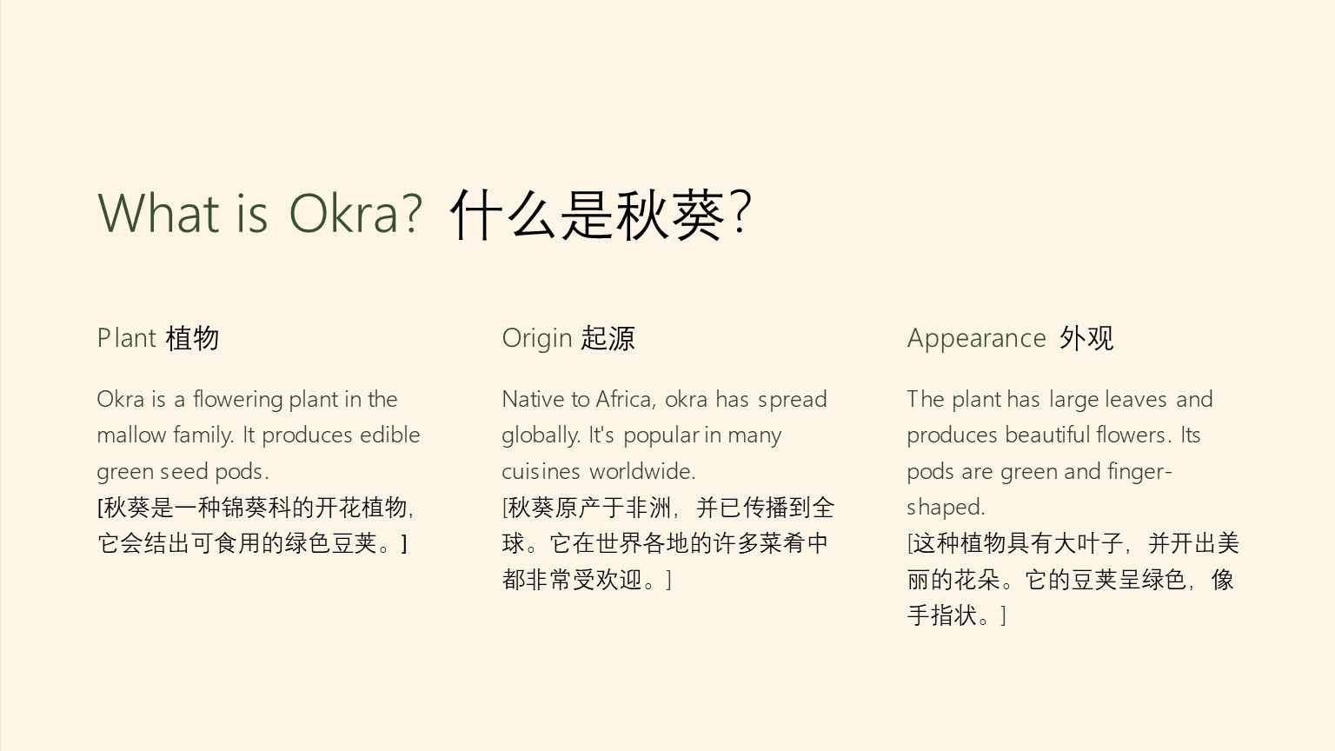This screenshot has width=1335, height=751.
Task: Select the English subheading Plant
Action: [126, 338]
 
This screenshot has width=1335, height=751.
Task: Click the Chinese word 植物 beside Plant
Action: [192, 338]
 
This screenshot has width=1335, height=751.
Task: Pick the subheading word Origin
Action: [537, 338]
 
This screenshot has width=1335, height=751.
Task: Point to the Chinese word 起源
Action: [608, 338]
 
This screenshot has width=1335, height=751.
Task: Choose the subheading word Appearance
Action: [976, 338]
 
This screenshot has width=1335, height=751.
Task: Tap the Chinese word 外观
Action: [1086, 338]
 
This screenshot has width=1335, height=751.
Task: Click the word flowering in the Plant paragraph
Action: [238, 399]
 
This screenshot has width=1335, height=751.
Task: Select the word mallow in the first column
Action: [131, 435]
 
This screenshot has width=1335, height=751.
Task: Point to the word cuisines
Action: [541, 471]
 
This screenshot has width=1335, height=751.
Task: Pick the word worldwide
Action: [642, 471]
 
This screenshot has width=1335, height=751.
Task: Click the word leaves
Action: [1135, 399]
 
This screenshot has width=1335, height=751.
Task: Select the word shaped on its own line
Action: [946, 508]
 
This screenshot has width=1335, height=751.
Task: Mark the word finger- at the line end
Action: [1139, 472]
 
